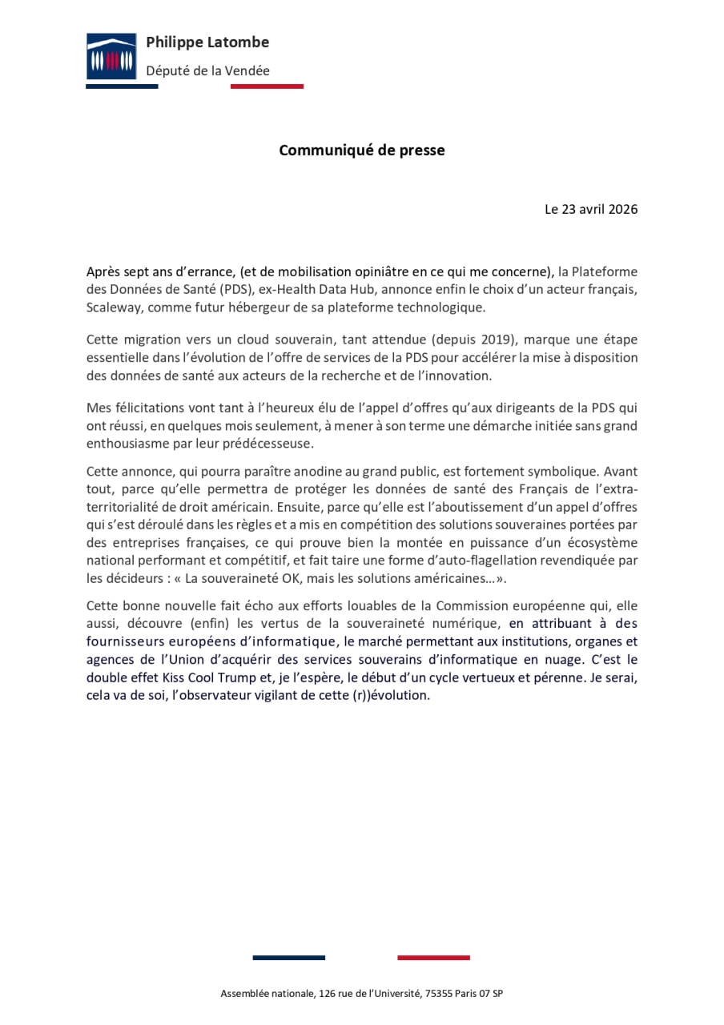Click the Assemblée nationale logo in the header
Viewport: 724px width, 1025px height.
click(x=111, y=57)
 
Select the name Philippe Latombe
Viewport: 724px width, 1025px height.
click(x=207, y=42)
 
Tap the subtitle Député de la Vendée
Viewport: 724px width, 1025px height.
click(x=207, y=70)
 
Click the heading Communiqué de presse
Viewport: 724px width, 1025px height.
click(x=361, y=150)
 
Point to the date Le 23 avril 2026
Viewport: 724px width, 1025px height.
click(x=591, y=209)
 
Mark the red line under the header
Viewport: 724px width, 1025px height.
click(x=267, y=86)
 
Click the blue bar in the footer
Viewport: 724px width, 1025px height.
click(x=289, y=957)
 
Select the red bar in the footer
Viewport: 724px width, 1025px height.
click(x=433, y=957)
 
